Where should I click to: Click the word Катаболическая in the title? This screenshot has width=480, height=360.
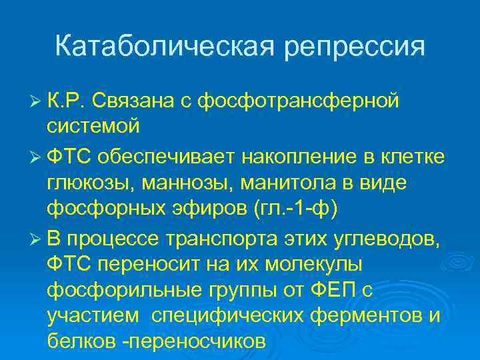(x=159, y=47)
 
